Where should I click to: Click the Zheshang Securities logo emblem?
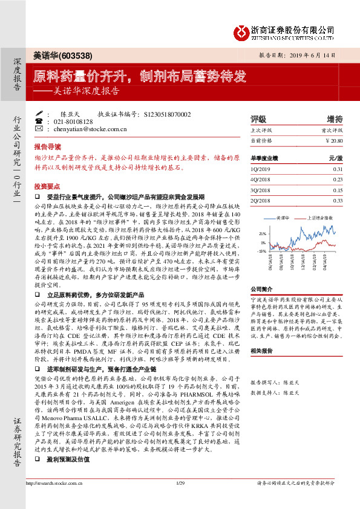tap(241, 30)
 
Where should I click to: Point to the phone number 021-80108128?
tap(73, 121)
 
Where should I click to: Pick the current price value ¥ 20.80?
tap(334, 140)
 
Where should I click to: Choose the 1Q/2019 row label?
tap(261, 169)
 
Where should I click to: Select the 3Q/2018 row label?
tap(261, 190)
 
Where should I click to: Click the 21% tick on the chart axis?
tap(262, 233)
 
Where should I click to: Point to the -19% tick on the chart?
tap(261, 250)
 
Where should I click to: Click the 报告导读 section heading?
tap(47, 147)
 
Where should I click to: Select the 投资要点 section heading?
tap(47, 186)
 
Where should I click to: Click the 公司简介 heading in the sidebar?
tap(263, 290)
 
